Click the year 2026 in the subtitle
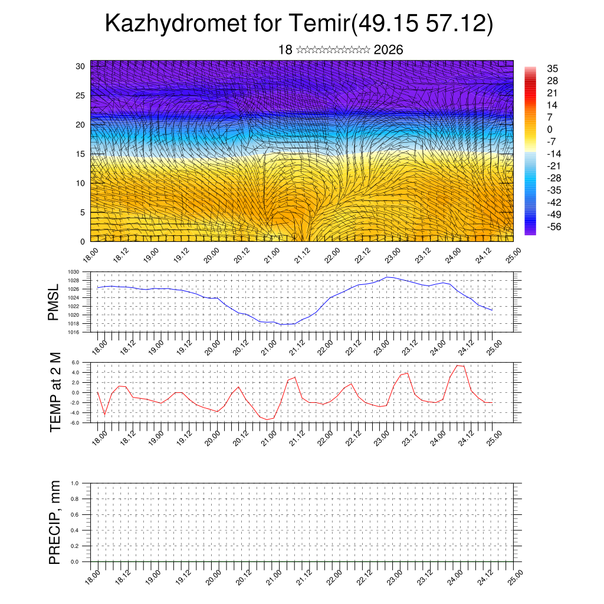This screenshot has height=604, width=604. tap(388, 50)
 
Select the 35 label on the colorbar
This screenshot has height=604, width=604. tap(553, 68)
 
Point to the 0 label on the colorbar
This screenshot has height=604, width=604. tap(550, 129)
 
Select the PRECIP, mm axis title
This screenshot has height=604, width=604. tap(55, 523)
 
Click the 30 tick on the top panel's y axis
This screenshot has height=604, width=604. tap(80, 66)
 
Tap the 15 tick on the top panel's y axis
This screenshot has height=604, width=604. tap(80, 154)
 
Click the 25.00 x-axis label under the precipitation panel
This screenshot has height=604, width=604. tap(515, 576)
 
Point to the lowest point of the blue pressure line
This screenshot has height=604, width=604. tap(282, 324)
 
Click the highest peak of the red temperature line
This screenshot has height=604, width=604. tap(458, 365)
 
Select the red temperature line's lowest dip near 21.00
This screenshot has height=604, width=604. tap(267, 419)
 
